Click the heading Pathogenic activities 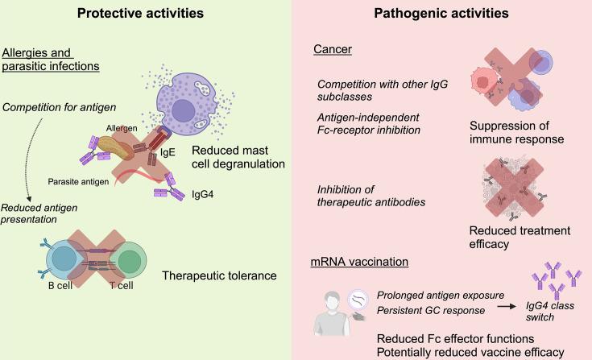[444, 14]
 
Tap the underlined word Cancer [329, 52]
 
